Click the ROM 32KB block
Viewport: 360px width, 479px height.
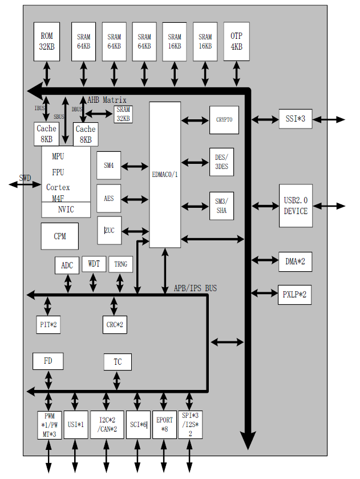click(x=47, y=41)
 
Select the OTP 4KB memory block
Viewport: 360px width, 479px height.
click(x=236, y=41)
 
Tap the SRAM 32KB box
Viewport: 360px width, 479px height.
click(x=123, y=114)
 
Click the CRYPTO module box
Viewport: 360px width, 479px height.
click(x=224, y=120)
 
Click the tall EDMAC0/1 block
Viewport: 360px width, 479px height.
click(x=165, y=175)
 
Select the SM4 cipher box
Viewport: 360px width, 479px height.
click(x=108, y=166)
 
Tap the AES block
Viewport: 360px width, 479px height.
click(x=108, y=199)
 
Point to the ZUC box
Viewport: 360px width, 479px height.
click(x=109, y=231)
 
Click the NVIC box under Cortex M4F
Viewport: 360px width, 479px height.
click(x=66, y=210)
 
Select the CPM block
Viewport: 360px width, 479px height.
click(x=59, y=236)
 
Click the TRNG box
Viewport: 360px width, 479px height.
click(x=120, y=264)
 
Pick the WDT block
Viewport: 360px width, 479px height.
click(x=94, y=264)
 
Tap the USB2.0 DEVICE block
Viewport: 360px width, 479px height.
click(x=296, y=206)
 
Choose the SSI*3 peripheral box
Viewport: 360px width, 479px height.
click(x=296, y=119)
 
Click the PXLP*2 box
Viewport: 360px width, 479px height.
click(x=294, y=295)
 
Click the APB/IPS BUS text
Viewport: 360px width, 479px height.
click(x=195, y=288)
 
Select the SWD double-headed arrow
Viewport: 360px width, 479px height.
click(x=25, y=184)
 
